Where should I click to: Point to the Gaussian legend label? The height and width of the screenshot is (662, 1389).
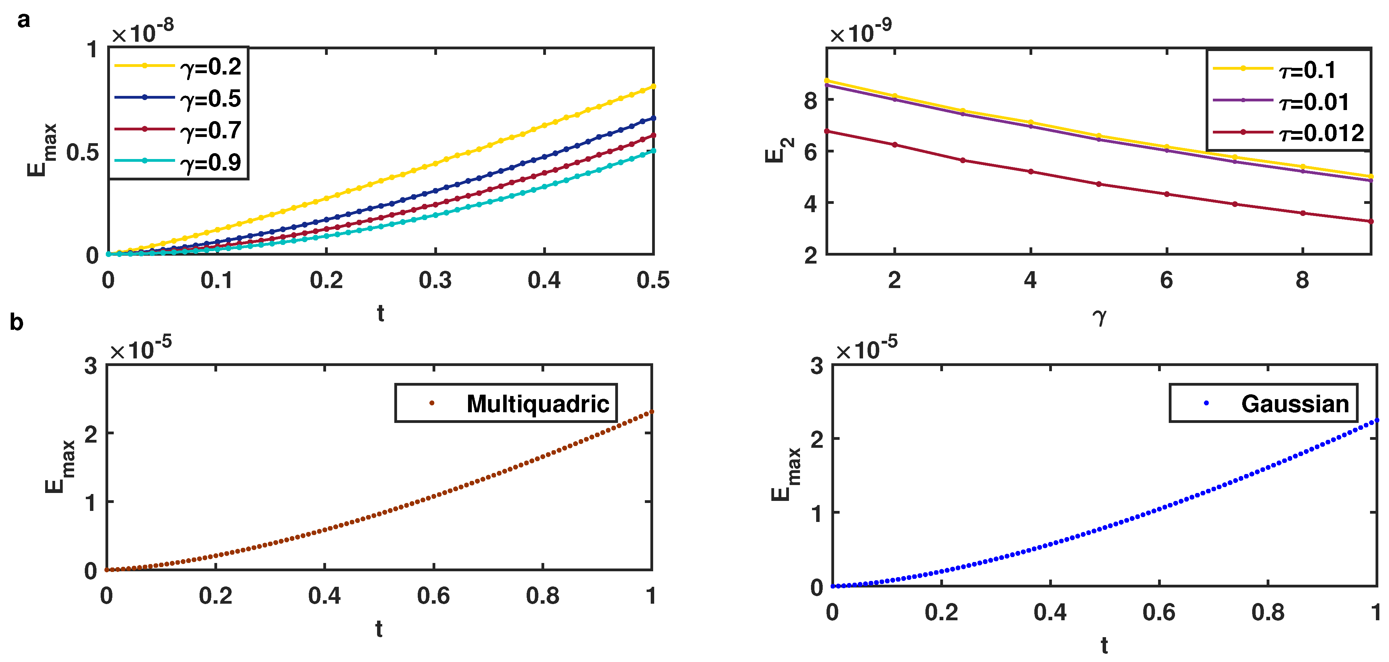[1295, 404]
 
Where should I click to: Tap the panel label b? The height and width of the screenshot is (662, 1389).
[16, 323]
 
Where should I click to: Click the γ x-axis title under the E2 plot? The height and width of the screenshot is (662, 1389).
[1099, 316]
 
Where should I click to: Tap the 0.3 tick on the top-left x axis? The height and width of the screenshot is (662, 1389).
[435, 280]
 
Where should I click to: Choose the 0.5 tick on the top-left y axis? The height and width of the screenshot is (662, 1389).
[82, 153]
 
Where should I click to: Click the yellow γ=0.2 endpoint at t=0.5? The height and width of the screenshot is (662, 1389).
[653, 86]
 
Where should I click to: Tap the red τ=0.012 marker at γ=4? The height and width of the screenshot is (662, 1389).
[1031, 171]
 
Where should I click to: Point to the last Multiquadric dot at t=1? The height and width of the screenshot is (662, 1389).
[651, 412]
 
